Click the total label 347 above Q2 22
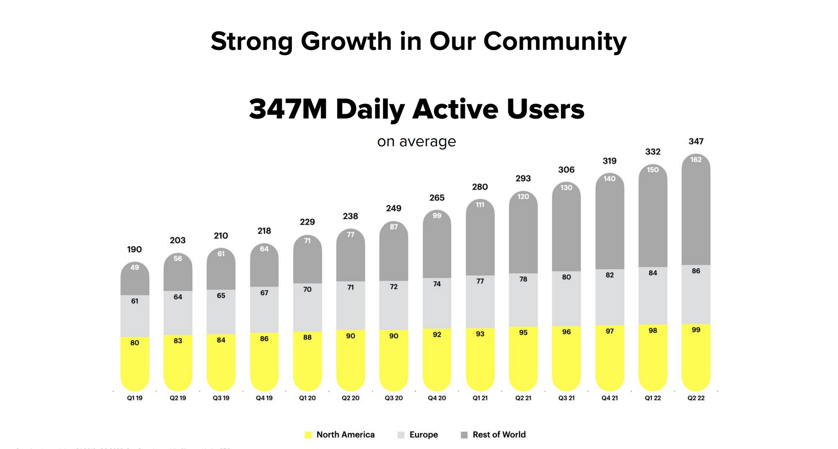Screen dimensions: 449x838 pos(696,141)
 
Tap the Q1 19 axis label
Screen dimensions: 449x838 pos(134,398)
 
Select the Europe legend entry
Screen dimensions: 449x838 pos(423,435)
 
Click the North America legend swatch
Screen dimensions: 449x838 pos(308,435)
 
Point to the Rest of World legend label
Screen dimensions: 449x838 pos(499,435)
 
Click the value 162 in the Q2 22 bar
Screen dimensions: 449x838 pos(696,159)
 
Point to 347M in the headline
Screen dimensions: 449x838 pos(287,109)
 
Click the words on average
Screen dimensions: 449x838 pos(416,141)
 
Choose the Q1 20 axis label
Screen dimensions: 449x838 pos(307,398)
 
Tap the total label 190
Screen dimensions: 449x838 pos(134,249)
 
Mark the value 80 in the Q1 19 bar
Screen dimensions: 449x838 pos(134,343)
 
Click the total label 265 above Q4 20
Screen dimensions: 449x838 pos(437,198)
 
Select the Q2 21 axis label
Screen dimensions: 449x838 pos(523,398)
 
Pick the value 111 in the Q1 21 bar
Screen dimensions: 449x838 pos(480,205)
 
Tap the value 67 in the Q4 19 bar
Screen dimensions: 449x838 pos(264,293)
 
